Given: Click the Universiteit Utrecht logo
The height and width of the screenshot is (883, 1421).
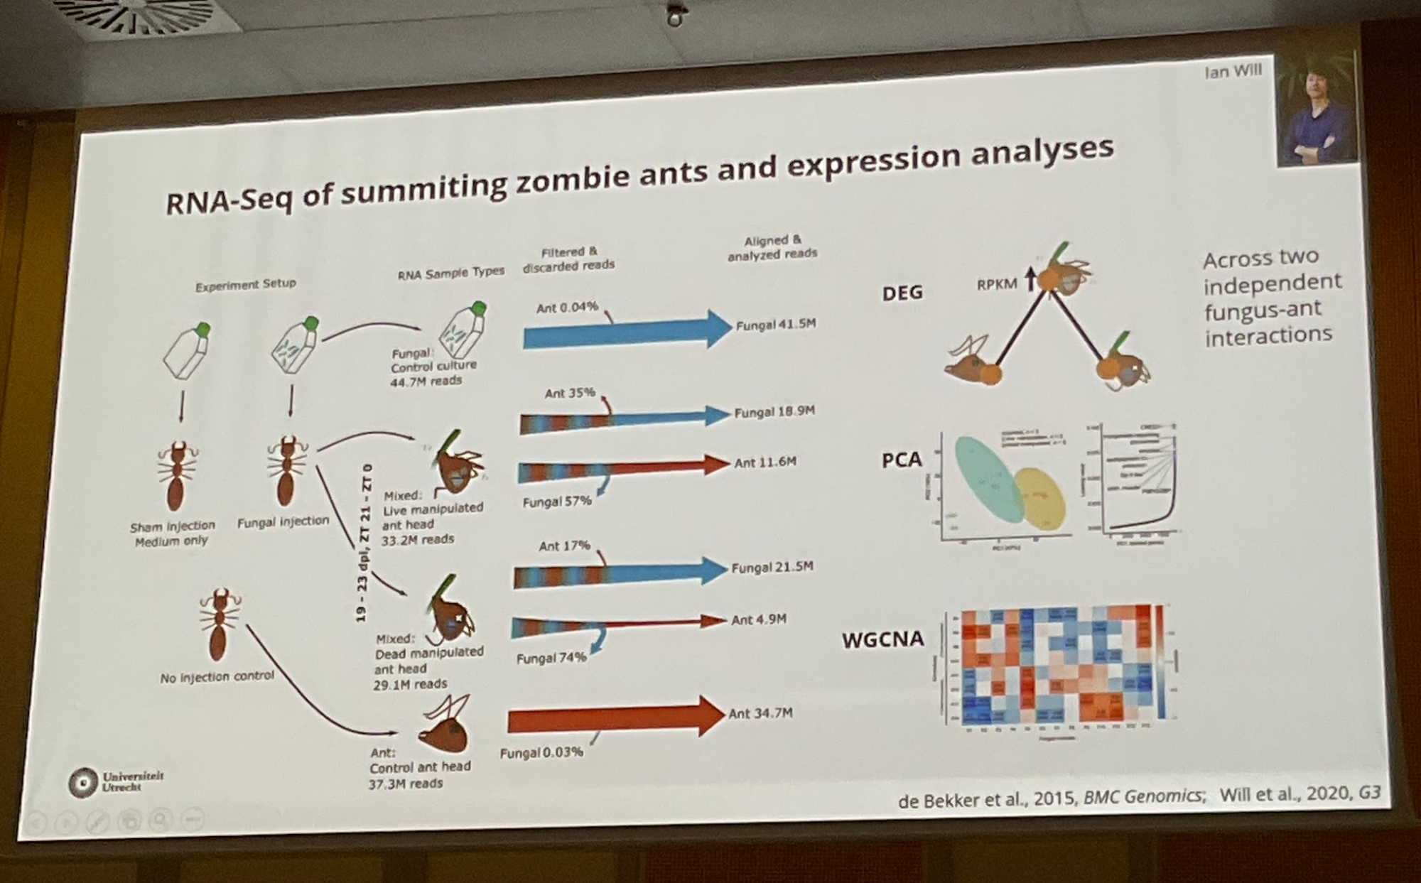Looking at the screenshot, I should click(114, 781).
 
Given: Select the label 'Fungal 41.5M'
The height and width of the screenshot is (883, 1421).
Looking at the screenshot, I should click(775, 325).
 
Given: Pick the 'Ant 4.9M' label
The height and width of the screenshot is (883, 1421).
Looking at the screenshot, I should click(758, 619).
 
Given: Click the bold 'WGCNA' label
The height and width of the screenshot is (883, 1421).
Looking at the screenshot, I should click(882, 639).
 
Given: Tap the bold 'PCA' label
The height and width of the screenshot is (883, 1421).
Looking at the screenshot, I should click(901, 460).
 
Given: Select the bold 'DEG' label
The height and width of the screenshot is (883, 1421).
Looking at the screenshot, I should click(902, 292).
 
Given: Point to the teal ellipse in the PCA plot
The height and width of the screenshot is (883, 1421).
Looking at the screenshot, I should click(988, 477).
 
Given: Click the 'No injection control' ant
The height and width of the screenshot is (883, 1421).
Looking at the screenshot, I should click(220, 625).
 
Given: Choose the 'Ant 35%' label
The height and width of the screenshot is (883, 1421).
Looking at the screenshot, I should click(569, 393).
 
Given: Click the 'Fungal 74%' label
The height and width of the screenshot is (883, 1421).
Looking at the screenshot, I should click(551, 658).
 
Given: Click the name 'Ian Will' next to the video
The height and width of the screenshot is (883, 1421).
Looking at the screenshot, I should click(1233, 71).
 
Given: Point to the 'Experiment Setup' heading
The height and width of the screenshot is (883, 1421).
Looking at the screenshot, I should click(245, 284).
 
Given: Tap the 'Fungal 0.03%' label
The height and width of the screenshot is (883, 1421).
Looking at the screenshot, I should click(541, 752).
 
